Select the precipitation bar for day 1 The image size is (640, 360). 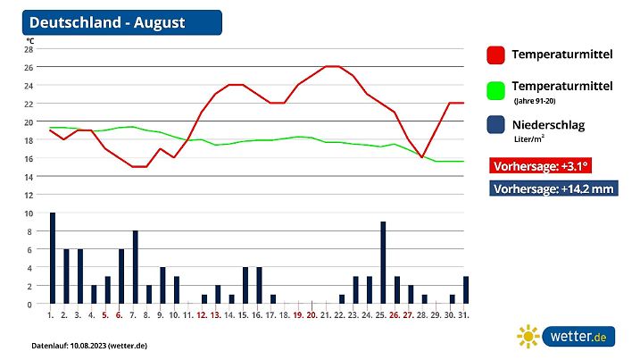(53, 259)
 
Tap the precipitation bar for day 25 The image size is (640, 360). (383, 264)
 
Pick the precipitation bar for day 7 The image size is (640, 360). (136, 268)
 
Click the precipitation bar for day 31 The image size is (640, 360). (466, 290)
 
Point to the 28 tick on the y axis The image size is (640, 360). (29, 49)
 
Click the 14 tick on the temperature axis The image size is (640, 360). (29, 177)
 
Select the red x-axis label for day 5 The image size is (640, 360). (105, 315)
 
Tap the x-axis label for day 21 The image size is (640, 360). (326, 315)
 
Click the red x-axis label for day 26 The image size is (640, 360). (395, 315)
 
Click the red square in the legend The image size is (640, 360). (496, 55)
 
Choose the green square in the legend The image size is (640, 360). (496, 91)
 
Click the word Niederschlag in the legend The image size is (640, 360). (548, 125)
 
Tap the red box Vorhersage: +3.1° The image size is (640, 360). (542, 166)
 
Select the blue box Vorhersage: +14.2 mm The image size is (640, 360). (553, 188)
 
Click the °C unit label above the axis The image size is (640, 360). (30, 40)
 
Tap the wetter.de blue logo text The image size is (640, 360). (579, 337)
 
